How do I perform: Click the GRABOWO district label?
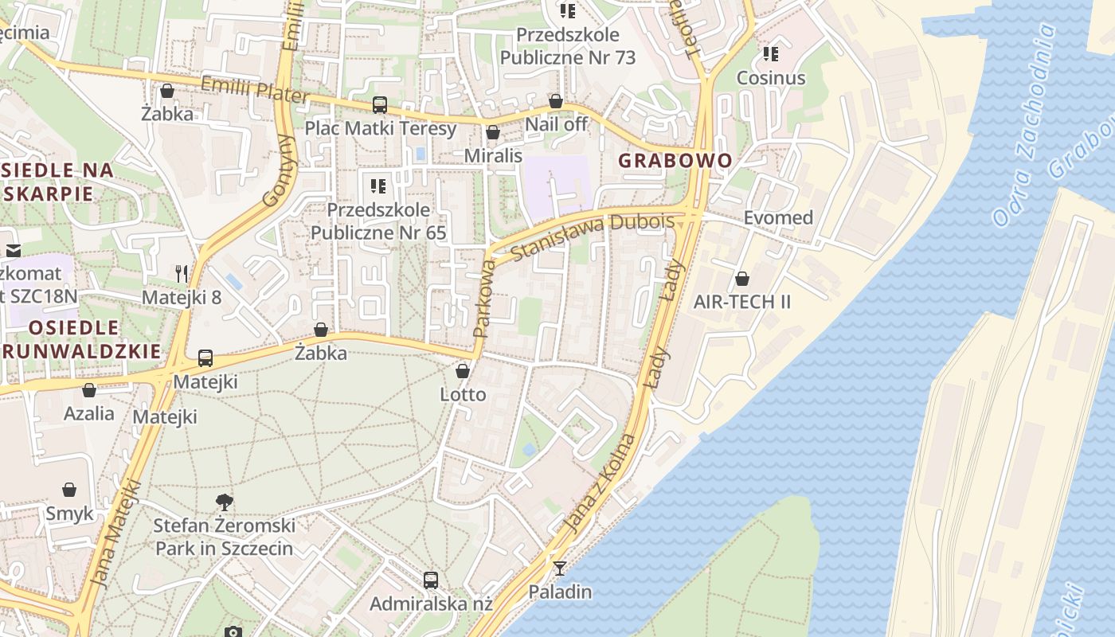click(675, 160)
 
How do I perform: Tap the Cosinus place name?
click(770, 78)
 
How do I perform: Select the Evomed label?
click(778, 217)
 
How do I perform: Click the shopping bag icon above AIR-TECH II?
click(741, 279)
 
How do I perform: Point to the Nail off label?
click(556, 124)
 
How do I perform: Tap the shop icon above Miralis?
click(493, 132)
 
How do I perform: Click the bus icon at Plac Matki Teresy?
click(380, 105)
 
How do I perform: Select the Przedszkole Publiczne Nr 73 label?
click(567, 46)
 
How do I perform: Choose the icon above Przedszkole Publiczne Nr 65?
click(378, 186)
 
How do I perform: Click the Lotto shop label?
click(463, 394)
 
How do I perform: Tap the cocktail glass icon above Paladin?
click(560, 568)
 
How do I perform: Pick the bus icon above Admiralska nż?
click(431, 580)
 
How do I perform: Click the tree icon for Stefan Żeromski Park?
click(225, 502)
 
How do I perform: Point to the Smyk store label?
click(69, 514)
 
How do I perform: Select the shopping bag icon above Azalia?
click(89, 390)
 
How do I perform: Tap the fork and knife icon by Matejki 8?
click(182, 274)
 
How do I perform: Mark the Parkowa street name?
click(484, 297)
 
